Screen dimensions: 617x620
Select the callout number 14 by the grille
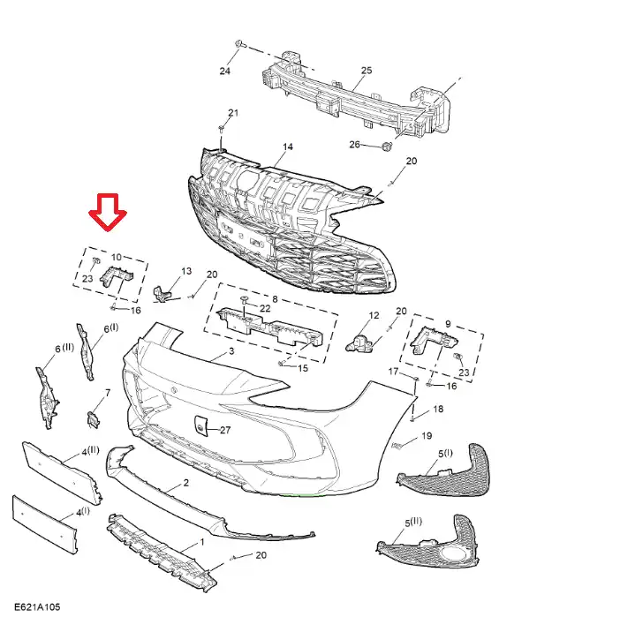(287, 147)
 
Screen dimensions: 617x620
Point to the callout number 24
(224, 71)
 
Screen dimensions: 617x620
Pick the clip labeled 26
(386, 147)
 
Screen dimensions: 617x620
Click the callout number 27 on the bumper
(224, 430)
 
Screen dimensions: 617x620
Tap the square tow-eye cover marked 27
(200, 426)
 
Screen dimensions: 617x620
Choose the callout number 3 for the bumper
(231, 352)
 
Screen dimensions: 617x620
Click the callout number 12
(373, 315)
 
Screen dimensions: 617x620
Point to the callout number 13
(186, 271)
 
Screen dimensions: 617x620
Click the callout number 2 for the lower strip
(186, 484)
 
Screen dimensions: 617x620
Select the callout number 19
(427, 435)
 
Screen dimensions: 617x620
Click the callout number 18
(438, 409)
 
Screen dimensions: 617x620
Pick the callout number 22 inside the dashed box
(265, 307)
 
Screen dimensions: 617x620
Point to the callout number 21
(233, 112)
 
